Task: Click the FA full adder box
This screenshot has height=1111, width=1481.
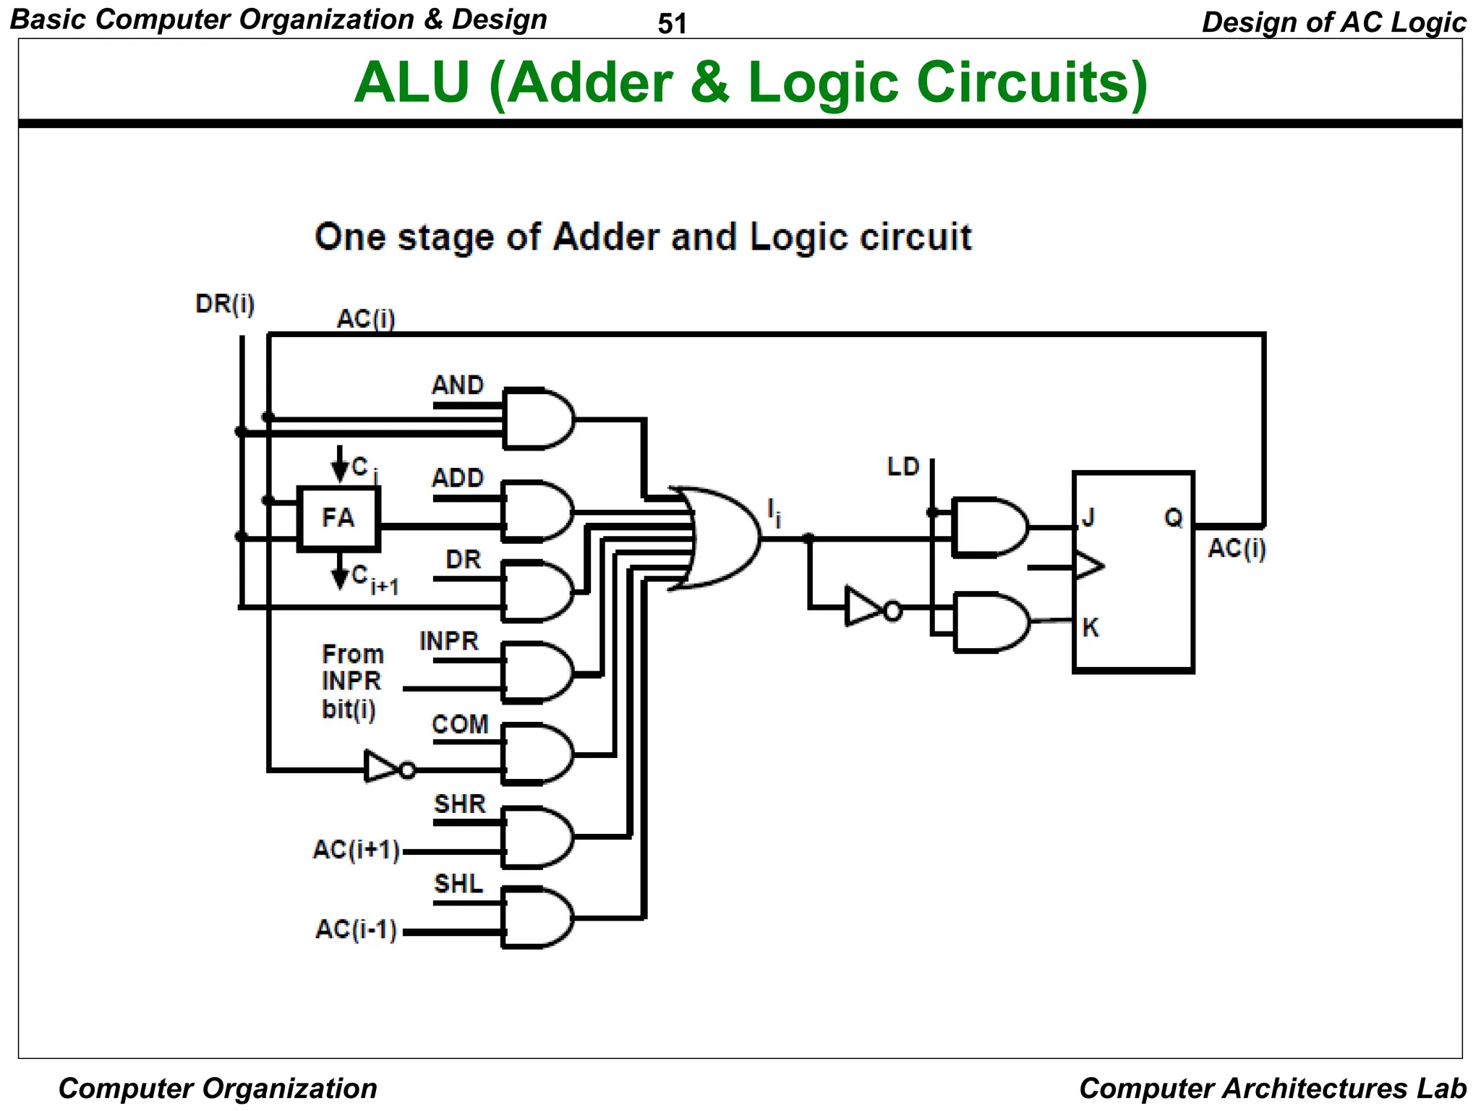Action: click(x=338, y=518)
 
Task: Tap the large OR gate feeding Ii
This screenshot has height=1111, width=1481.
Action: click(x=720, y=537)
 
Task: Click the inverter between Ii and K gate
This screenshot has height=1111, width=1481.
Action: click(x=868, y=608)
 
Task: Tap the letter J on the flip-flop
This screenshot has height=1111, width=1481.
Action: click(x=1088, y=518)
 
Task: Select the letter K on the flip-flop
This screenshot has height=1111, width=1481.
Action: click(x=1091, y=627)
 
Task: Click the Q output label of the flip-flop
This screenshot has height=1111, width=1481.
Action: click(x=1173, y=518)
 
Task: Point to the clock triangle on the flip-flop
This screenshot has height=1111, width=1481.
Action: click(x=1088, y=566)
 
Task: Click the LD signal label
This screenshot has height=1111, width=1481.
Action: click(x=903, y=467)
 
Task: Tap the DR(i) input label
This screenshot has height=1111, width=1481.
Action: click(x=225, y=304)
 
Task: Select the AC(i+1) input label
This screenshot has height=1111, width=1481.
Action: click(x=356, y=850)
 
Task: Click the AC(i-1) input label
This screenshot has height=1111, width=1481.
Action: click(x=356, y=929)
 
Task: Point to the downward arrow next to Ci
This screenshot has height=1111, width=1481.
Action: click(x=339, y=464)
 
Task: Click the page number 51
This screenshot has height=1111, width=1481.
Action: click(x=672, y=24)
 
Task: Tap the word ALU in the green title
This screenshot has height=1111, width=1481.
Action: click(x=412, y=82)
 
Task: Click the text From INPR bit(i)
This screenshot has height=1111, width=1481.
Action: click(x=352, y=681)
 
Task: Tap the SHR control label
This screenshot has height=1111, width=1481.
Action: click(x=460, y=804)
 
